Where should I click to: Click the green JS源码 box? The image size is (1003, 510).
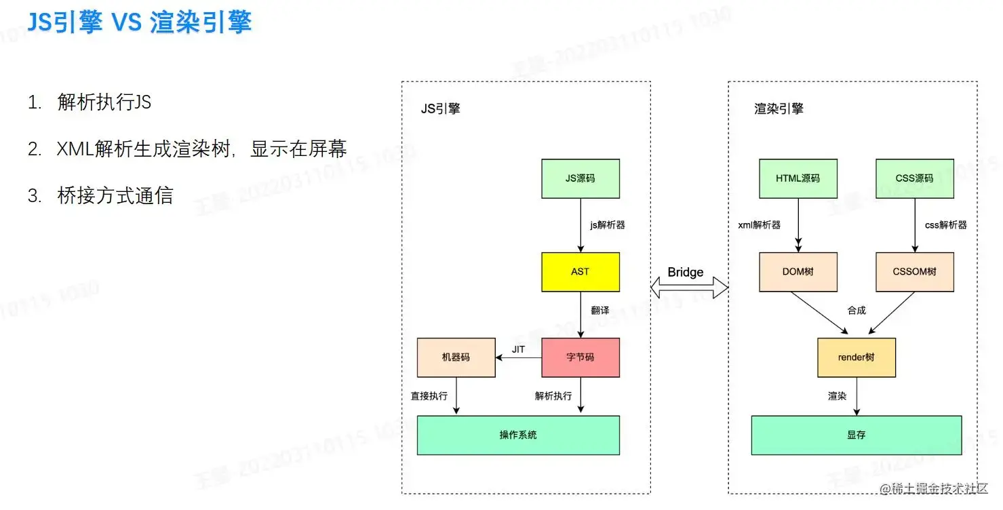coord(581,178)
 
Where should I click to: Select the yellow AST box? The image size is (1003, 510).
coord(581,272)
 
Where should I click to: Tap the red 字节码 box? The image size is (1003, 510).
coord(581,357)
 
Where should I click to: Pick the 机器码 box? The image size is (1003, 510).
coord(456,357)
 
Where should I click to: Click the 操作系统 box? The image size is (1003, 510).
coord(518,435)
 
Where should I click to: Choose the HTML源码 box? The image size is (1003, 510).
coord(798,178)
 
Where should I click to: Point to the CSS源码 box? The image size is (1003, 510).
coord(915,178)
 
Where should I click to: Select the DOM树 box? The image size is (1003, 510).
coord(798,272)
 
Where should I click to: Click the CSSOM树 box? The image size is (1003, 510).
coord(915,272)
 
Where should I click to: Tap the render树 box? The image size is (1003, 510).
coord(857,357)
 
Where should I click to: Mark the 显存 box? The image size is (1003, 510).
coord(857,435)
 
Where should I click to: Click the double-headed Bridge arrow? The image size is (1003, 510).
coord(689,289)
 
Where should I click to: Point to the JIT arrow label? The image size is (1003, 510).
coord(518,349)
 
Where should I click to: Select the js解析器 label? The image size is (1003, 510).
coord(608,224)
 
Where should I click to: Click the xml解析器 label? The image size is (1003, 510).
coord(759,224)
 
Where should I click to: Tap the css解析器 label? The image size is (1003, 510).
coord(945,224)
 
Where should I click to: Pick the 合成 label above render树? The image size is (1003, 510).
coord(857,310)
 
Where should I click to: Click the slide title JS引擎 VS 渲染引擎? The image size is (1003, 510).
coord(139,22)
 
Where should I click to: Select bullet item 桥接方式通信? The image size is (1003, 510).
coord(115,195)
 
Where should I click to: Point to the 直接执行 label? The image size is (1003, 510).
coord(429,395)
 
